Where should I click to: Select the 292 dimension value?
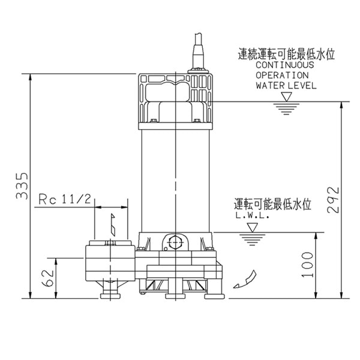(334, 200)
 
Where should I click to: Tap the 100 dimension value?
(308, 265)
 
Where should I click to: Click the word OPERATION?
(282, 76)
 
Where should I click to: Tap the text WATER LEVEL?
(286, 86)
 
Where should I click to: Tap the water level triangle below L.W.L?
(252, 229)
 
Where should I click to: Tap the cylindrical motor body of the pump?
(174, 180)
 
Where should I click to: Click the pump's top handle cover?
(175, 99)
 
